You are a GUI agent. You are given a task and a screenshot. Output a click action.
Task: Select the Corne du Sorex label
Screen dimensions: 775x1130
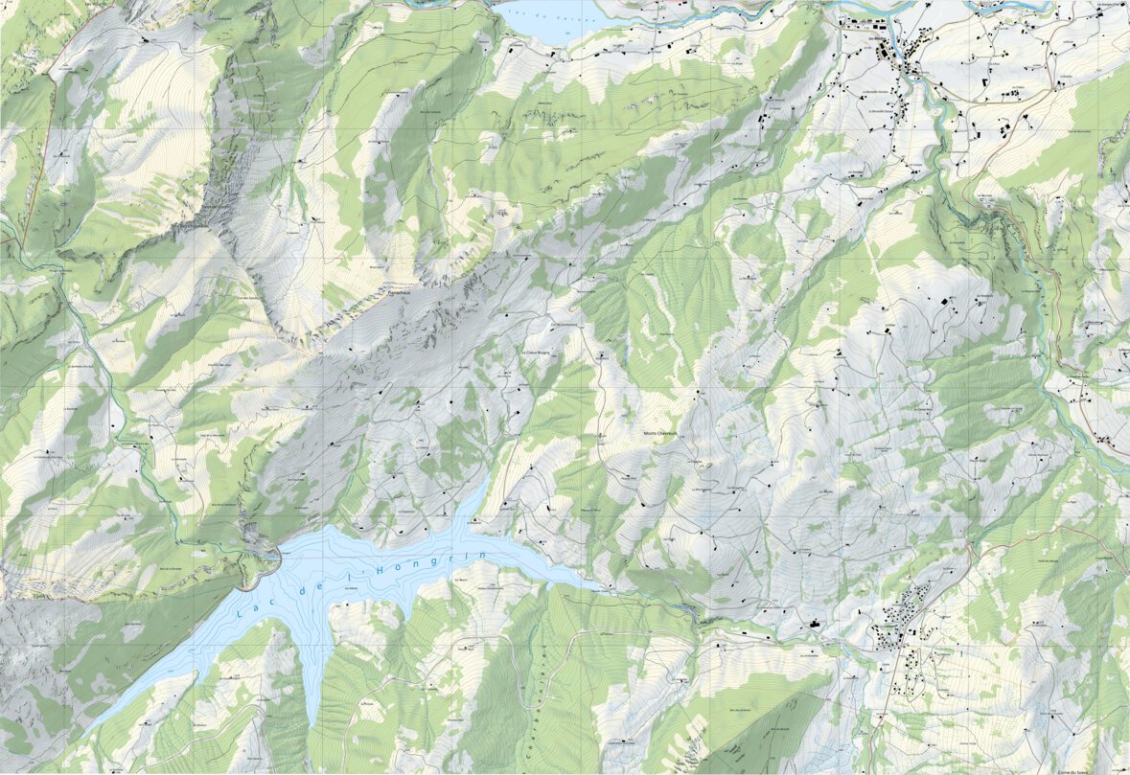click(x=1084, y=769)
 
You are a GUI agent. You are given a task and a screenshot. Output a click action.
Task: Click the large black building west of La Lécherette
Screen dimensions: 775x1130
click(x=815, y=624)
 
